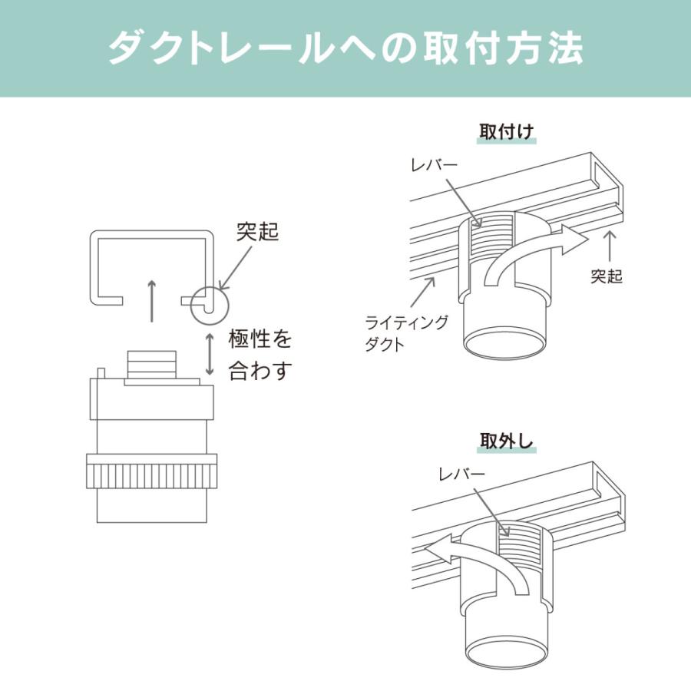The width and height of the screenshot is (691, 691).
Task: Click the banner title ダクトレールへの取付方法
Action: [x=345, y=48]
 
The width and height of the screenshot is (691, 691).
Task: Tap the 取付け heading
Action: [x=506, y=131]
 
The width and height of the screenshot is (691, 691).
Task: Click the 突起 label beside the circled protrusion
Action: [x=258, y=233]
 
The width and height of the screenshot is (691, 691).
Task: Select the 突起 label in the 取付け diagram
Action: [x=607, y=276]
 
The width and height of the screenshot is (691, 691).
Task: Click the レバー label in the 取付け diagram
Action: [x=435, y=165]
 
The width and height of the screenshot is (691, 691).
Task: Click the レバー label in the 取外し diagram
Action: [x=461, y=475]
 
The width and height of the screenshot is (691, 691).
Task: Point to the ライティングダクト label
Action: [x=406, y=332]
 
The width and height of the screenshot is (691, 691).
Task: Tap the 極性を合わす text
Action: [x=261, y=354]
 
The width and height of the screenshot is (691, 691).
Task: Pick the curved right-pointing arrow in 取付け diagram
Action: [x=537, y=250]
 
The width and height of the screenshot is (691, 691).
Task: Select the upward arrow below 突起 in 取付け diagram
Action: [x=611, y=246]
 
